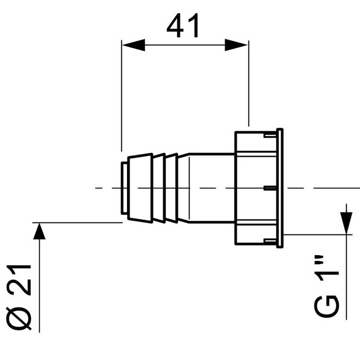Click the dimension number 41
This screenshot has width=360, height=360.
tap(183, 25)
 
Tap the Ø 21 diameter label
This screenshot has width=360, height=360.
tap(19, 298)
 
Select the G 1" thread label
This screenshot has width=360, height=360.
tap(326, 286)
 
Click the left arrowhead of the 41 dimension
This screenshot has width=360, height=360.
tap(133, 45)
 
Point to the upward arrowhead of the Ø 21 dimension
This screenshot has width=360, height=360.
tap(39, 231)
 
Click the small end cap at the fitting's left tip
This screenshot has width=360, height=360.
tap(124, 188)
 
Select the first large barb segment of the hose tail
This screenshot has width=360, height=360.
tap(140, 188)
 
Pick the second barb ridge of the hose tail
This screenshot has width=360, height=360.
tap(159, 188)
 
